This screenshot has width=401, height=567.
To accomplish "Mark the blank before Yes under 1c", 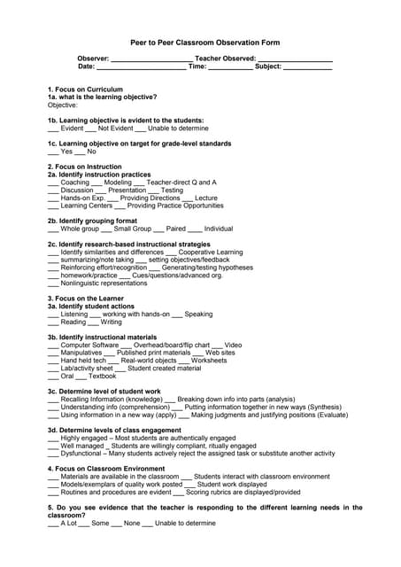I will [x=52, y=151].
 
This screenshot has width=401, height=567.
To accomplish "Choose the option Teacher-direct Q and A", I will [x=181, y=183].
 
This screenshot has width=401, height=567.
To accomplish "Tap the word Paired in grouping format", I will [x=177, y=229].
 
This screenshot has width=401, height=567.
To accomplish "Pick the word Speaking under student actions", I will [x=198, y=314].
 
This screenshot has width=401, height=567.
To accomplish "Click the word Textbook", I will [x=102, y=376].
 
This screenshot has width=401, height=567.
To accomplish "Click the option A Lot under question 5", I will [x=68, y=523].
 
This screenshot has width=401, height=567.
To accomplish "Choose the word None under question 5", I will [x=132, y=523].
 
